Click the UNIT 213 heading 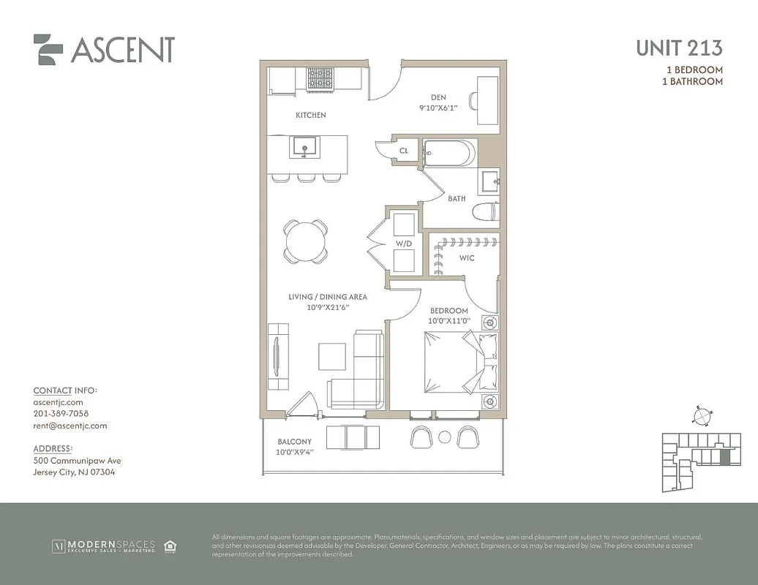click(679, 48)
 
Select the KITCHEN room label click(310, 116)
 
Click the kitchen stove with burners click(319, 79)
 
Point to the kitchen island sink click(304, 147)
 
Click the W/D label click(403, 244)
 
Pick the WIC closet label click(467, 258)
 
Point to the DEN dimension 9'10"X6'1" click(438, 108)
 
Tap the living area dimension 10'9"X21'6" click(327, 307)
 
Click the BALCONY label click(294, 442)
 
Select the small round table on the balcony click(444, 437)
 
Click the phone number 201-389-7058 click(61, 414)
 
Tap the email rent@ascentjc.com click(70, 426)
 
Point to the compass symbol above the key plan click(701, 415)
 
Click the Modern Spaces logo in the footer click(103, 546)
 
